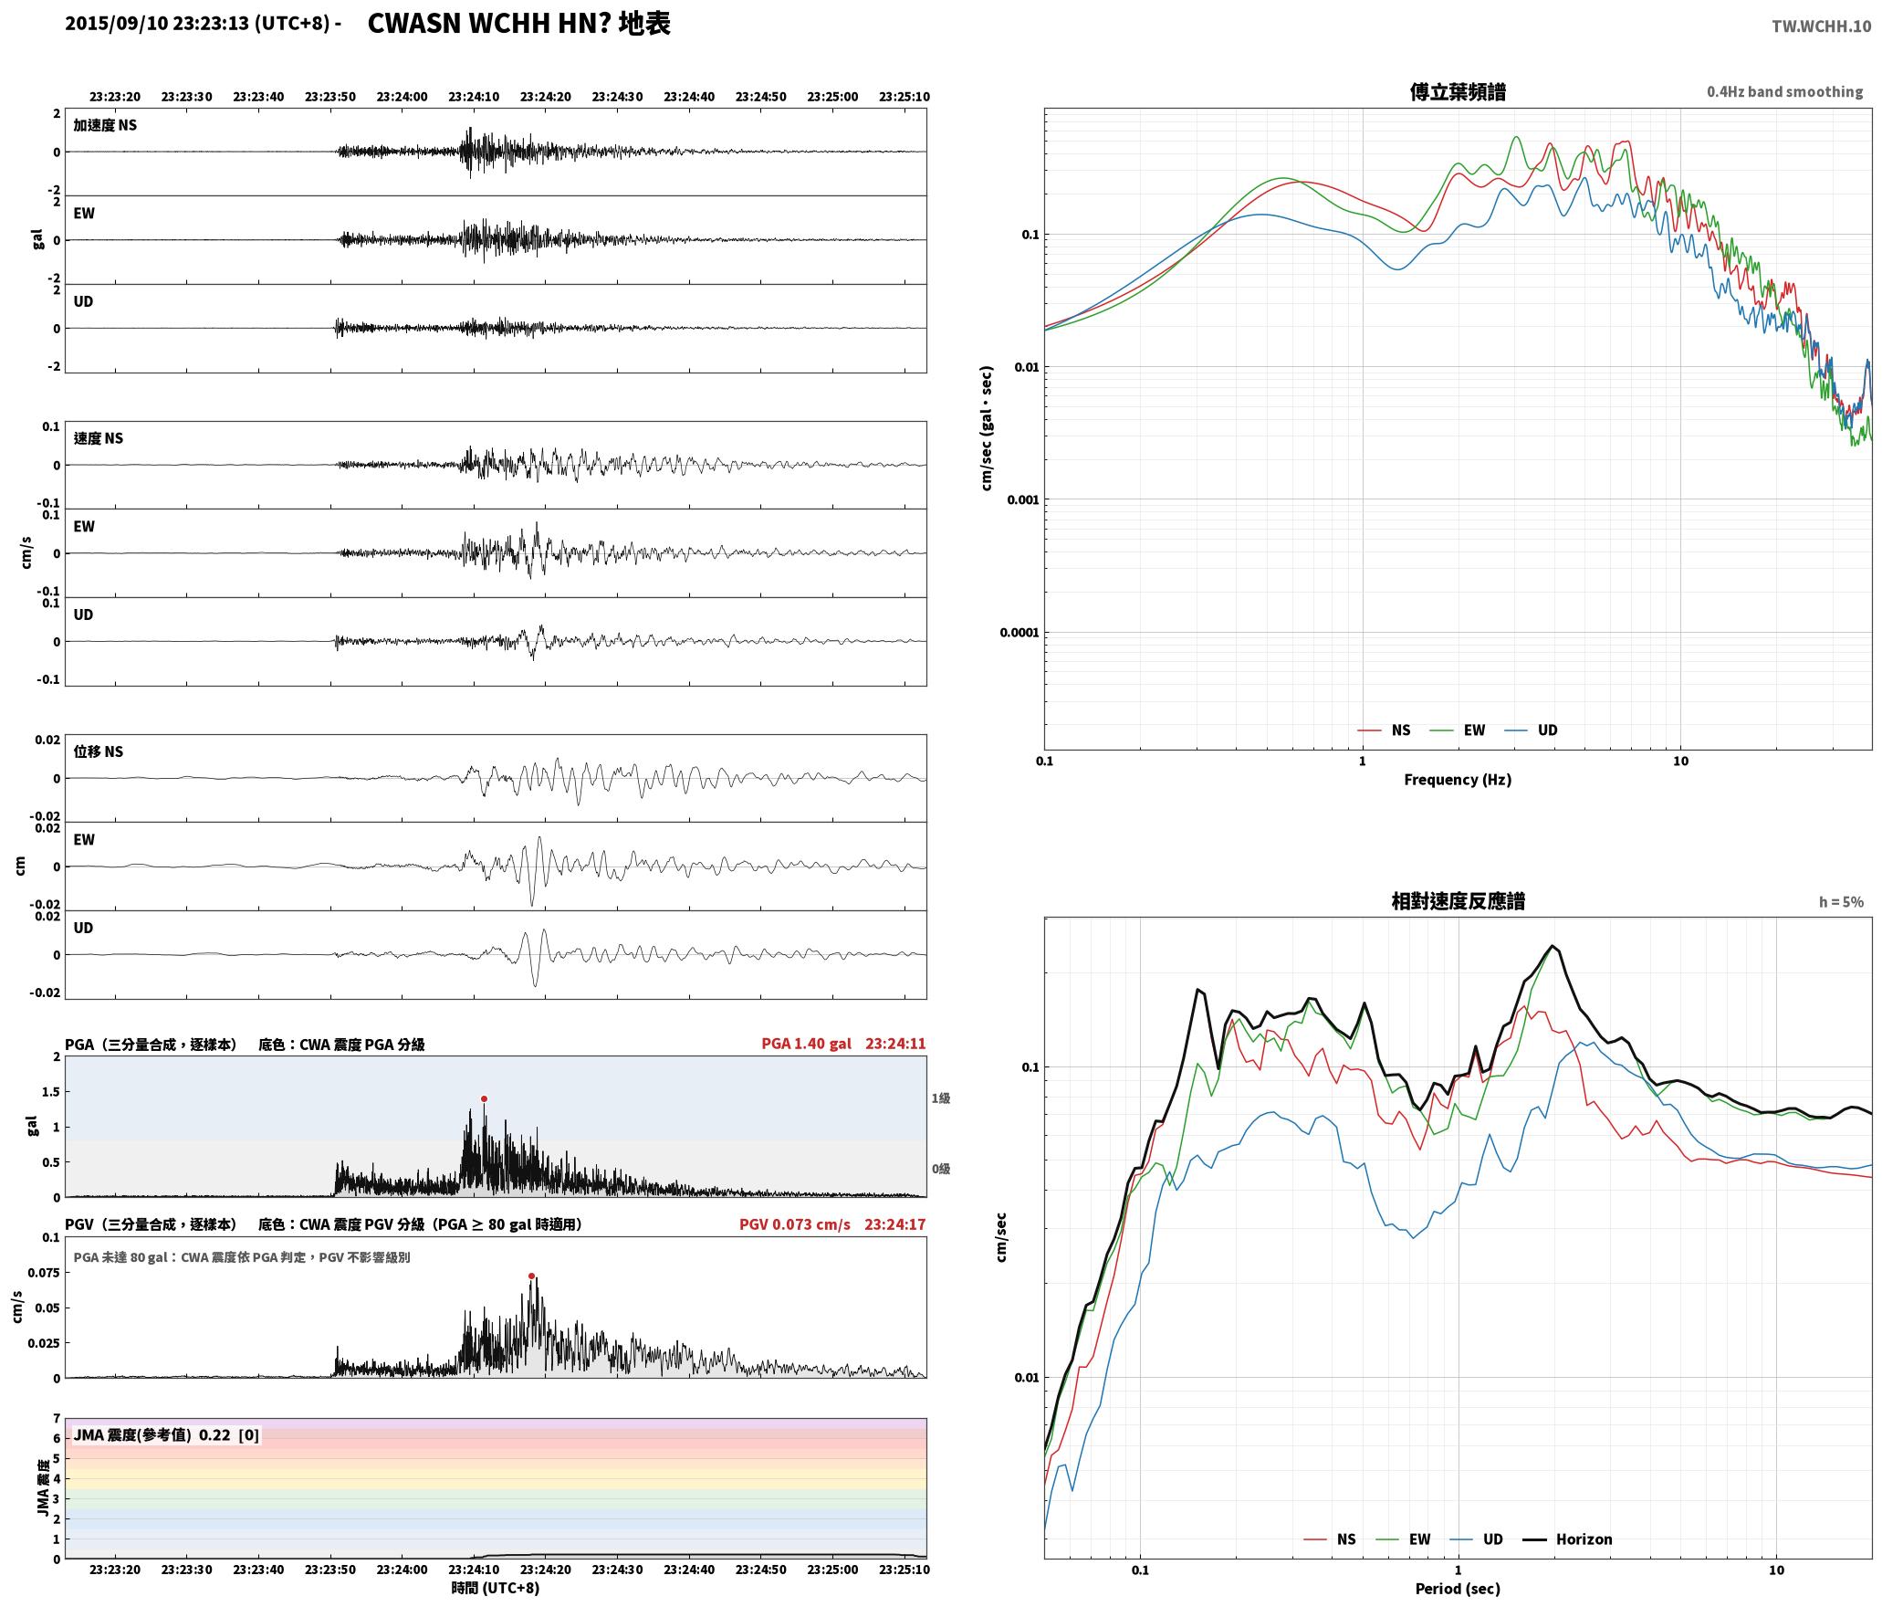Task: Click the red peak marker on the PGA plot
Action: click(x=484, y=1098)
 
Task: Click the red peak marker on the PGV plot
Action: click(x=531, y=1276)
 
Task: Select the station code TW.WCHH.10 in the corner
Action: click(x=1821, y=26)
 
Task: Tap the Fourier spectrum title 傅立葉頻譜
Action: click(x=1458, y=91)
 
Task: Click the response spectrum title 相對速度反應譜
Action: click(x=1458, y=901)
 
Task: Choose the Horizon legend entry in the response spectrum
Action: click(x=1568, y=1539)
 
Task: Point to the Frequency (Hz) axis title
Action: click(x=1458, y=779)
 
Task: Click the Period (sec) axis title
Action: click(x=1458, y=1588)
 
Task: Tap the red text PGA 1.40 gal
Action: click(x=806, y=1044)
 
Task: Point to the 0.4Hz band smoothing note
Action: click(x=1785, y=91)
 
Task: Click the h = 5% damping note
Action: click(x=1841, y=902)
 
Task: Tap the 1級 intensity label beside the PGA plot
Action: click(x=941, y=1098)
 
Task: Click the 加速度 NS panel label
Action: click(x=105, y=125)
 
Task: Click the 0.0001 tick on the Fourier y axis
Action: click(x=1019, y=633)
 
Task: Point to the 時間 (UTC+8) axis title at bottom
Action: click(x=496, y=1588)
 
